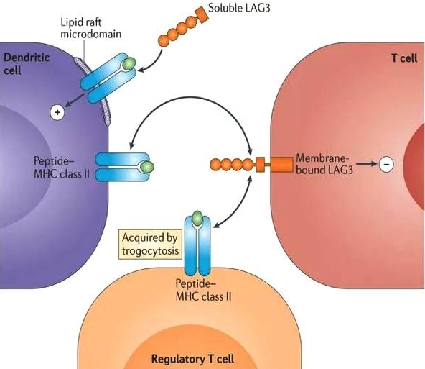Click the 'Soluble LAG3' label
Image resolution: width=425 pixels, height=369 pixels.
[x=239, y=8]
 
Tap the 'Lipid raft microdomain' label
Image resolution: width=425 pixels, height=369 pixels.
[x=90, y=28]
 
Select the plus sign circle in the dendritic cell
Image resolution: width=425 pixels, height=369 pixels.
[x=57, y=112]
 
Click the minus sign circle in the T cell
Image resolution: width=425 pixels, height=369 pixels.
[x=386, y=164]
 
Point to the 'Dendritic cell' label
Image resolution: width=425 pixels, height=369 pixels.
[x=27, y=64]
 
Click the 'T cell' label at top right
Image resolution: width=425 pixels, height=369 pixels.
[x=404, y=58]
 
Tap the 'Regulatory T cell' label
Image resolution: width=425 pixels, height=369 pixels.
[x=192, y=359]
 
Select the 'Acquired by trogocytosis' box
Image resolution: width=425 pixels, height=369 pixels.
[x=150, y=244]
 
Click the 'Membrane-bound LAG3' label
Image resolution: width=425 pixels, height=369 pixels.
[x=324, y=164]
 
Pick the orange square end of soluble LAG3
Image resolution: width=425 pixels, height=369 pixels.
[x=202, y=15]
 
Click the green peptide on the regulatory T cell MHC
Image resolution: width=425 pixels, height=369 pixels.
[x=197, y=218]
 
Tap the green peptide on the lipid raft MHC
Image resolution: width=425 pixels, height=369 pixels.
[x=129, y=64]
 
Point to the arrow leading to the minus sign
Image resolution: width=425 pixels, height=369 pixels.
[x=366, y=164]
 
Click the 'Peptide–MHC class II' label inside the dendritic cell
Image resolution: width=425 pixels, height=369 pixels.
[x=62, y=167]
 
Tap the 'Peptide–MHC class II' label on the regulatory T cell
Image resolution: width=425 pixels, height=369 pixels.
[x=204, y=290]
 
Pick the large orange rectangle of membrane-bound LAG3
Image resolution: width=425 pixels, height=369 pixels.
[x=281, y=164]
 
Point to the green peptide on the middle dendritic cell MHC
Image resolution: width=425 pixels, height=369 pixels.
[x=147, y=166]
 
